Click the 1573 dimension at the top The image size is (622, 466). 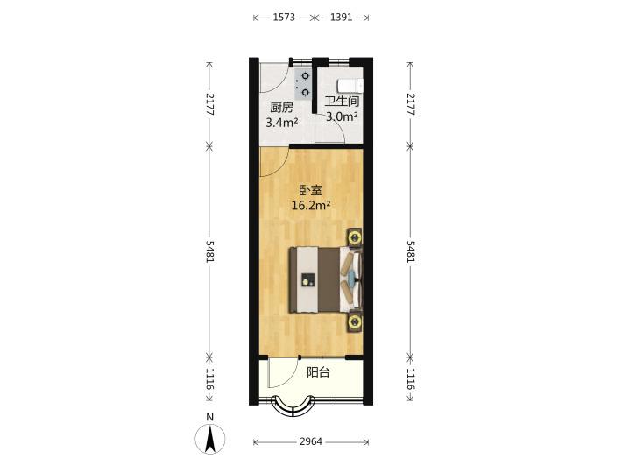point(284,18)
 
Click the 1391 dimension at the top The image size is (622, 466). point(341,18)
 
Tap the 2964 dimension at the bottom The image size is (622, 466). point(311,441)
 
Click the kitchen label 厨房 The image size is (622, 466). point(282,108)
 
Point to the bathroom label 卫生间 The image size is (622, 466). point(342,101)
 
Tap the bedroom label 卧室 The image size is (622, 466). point(311,191)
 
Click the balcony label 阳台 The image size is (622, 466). point(318,372)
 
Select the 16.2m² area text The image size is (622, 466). point(311,205)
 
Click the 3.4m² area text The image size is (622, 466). point(282,122)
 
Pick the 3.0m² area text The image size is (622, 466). point(342,116)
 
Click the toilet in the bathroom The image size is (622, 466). point(350,85)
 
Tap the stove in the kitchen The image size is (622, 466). point(302,84)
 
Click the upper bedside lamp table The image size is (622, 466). point(355,238)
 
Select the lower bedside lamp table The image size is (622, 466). point(355,322)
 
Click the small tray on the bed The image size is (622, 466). point(307,280)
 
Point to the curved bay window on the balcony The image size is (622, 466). point(293,408)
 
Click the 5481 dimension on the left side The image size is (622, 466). point(210,252)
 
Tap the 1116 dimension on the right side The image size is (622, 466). point(411,379)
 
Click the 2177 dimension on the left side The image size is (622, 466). point(210,104)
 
